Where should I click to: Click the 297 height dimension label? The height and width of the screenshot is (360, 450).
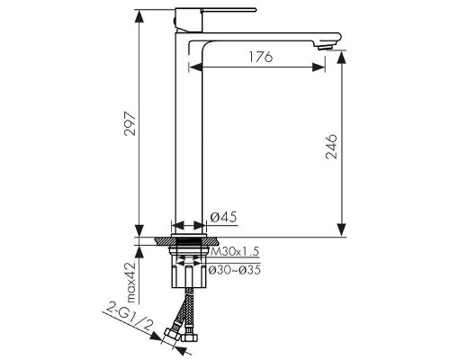[x=130, y=124]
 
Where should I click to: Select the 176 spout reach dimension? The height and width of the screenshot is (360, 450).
[x=261, y=57]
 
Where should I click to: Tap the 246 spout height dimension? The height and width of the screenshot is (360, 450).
[x=331, y=147]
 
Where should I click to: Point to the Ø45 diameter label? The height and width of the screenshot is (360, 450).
[x=223, y=217]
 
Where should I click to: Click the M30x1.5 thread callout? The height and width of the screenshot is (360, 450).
[x=235, y=251]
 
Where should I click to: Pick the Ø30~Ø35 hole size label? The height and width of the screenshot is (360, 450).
[x=234, y=270]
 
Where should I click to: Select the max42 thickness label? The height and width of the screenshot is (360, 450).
[x=131, y=282]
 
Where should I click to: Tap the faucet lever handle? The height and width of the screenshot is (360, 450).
[x=229, y=10]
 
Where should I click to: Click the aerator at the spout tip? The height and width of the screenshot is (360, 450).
[x=325, y=47]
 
